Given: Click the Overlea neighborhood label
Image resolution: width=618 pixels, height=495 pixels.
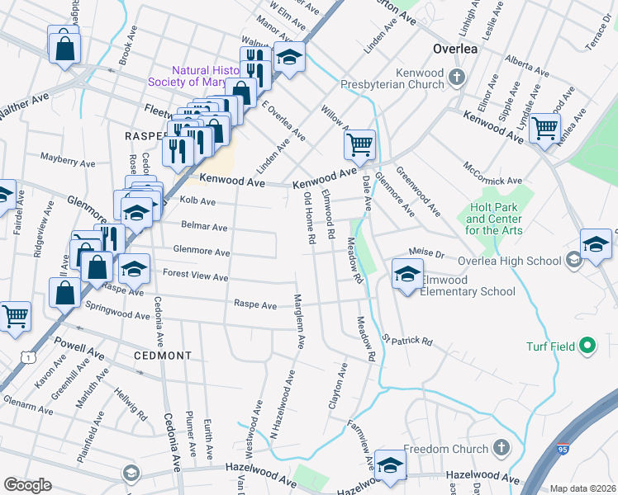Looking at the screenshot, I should pos(454,49).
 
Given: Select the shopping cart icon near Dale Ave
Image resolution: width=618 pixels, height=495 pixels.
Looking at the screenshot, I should pos(359,145).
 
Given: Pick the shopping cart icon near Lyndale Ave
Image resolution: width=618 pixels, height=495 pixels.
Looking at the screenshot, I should pos(544,127).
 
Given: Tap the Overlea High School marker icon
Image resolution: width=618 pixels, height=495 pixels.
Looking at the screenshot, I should pos(573,260).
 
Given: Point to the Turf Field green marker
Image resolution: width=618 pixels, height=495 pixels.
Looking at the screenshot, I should pos(587,345).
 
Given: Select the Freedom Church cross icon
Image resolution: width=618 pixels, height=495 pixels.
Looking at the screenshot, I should pos(500,449).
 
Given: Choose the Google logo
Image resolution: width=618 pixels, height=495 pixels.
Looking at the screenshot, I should pos(27,485).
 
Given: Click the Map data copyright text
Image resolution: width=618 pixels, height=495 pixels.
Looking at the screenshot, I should pos(582,488).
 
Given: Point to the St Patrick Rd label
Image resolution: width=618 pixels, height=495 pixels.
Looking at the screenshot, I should pos(406,340).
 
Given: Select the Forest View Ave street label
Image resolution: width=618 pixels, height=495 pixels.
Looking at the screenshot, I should pos(195,277).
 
